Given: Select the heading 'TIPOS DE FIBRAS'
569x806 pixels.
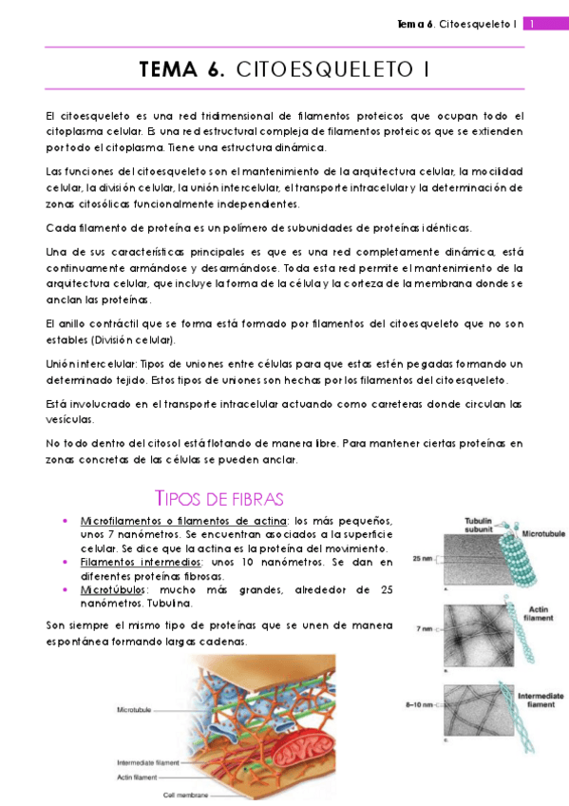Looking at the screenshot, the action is point(218,500).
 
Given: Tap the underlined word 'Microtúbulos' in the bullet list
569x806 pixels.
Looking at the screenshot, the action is point(107,590).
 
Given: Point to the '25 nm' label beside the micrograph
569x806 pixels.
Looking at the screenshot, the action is point(423,559).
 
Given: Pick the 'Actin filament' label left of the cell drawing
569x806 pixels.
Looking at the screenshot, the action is point(140,777).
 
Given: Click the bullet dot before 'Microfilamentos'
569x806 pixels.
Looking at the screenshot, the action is point(64,522).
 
